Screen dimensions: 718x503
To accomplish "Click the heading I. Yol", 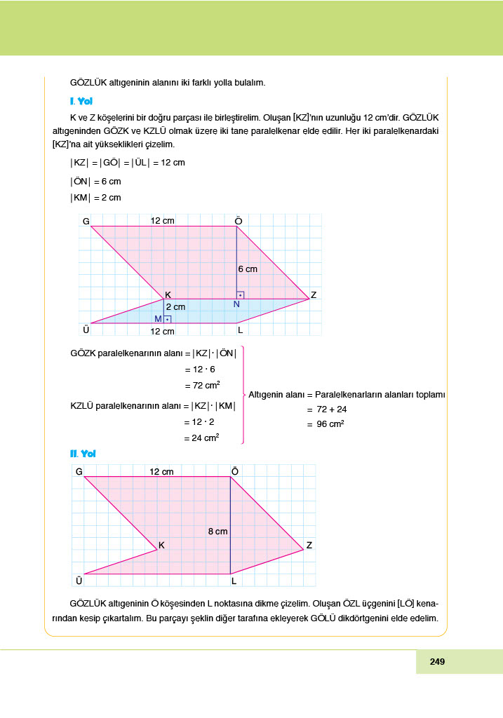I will click(82, 101).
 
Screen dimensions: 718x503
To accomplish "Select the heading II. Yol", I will click(83, 454).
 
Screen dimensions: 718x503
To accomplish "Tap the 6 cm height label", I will click(248, 269).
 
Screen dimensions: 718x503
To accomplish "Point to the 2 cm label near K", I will click(175, 307).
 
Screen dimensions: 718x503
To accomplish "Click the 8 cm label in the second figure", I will click(218, 531).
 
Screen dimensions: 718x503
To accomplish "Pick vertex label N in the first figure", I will click(236, 304).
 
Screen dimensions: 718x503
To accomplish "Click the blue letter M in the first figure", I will click(158, 319).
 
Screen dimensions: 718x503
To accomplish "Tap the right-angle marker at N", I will click(240, 295).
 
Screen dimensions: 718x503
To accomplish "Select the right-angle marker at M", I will click(167, 319).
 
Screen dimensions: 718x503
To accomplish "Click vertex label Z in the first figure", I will click(313, 295).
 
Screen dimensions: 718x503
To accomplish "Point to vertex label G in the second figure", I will click(79, 472).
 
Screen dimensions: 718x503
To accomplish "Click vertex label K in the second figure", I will click(161, 545).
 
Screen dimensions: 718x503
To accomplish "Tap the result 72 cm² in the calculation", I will click(202, 385).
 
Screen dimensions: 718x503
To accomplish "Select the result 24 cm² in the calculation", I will click(202, 438).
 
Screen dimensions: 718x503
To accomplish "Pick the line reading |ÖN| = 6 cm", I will click(95, 181).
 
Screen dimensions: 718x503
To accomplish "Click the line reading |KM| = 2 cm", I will click(95, 198).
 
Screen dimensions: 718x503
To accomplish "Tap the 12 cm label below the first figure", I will click(162, 331).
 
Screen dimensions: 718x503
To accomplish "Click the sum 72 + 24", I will click(332, 409).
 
